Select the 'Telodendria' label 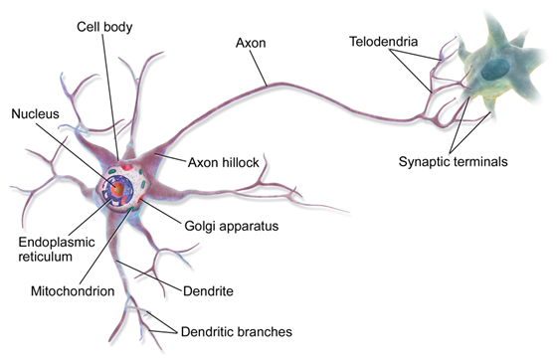(383, 43)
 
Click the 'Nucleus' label (35, 114)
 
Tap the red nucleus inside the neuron (117, 186)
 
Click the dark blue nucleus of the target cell (493, 69)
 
